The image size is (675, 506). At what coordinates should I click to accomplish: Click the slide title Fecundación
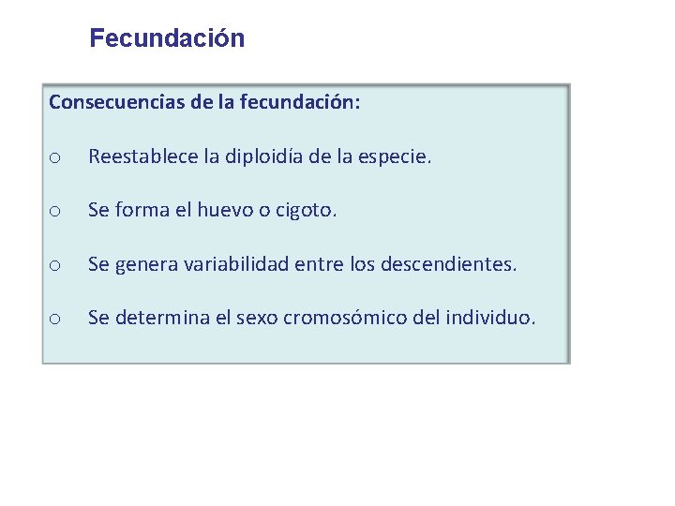tap(167, 38)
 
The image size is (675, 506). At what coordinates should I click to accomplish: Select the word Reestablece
tap(142, 157)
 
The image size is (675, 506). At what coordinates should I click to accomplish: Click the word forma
tap(141, 212)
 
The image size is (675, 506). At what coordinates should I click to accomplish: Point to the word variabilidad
tap(237, 265)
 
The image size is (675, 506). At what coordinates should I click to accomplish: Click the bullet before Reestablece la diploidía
tap(55, 158)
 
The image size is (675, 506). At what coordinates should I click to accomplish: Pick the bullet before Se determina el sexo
tap(55, 320)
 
